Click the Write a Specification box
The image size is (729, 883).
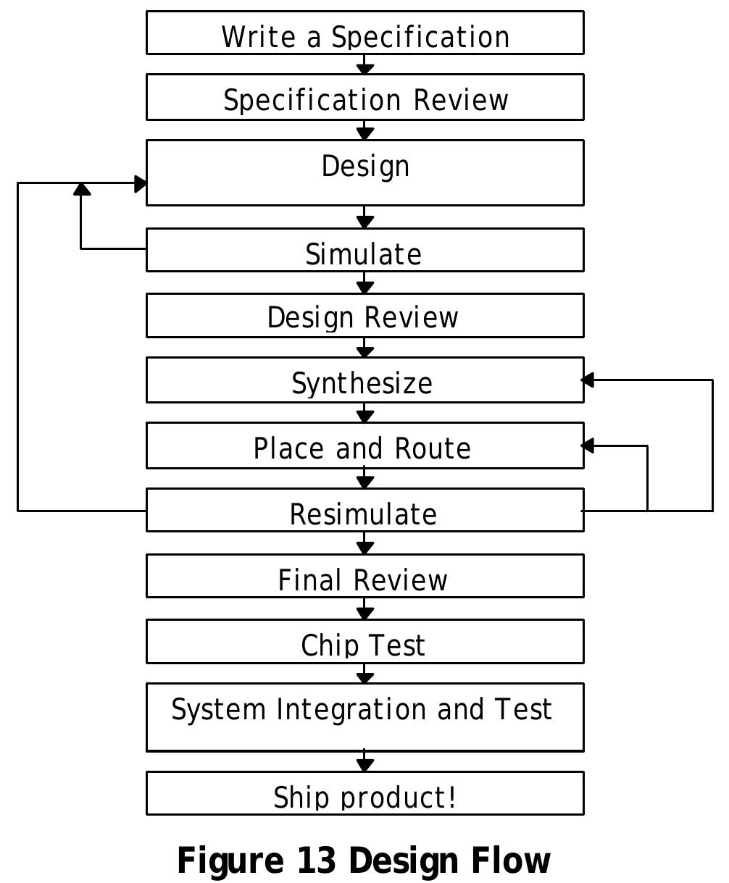pyautogui.click(x=364, y=33)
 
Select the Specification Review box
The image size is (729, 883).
pyautogui.click(x=364, y=97)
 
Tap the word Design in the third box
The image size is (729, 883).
pyautogui.click(x=365, y=166)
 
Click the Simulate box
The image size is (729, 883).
pyautogui.click(x=364, y=251)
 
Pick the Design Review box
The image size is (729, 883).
pyautogui.click(x=364, y=316)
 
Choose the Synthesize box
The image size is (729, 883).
pyautogui.click(x=364, y=380)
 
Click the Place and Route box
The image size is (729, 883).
pyautogui.click(x=364, y=446)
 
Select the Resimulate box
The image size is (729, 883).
pyautogui.click(x=364, y=511)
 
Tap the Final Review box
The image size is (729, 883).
pyautogui.click(x=364, y=577)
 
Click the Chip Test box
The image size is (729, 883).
pyautogui.click(x=364, y=642)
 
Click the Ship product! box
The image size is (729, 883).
pyautogui.click(x=364, y=794)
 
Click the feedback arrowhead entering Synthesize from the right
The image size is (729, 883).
pyautogui.click(x=588, y=380)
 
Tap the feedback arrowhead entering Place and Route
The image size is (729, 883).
pyautogui.click(x=588, y=446)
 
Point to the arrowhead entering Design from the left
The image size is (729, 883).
pyautogui.click(x=141, y=183)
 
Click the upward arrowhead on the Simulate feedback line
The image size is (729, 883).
pyautogui.click(x=82, y=189)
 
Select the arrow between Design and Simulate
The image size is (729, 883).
pyautogui.click(x=365, y=217)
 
